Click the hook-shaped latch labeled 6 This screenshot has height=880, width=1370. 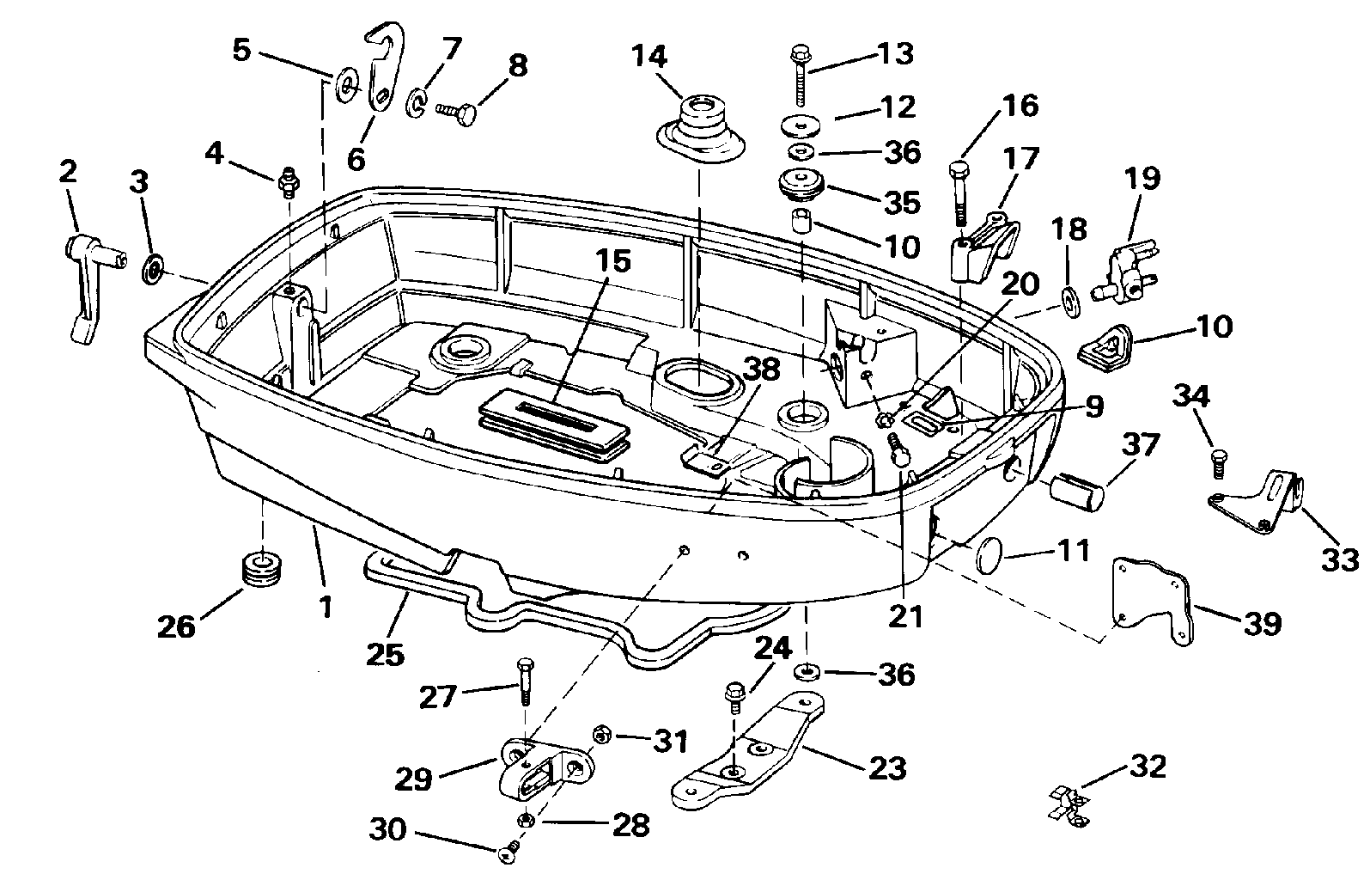point(379,77)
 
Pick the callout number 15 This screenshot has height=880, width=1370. point(614,260)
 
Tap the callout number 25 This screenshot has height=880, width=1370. point(384,654)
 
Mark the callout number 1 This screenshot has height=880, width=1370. point(325,608)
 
